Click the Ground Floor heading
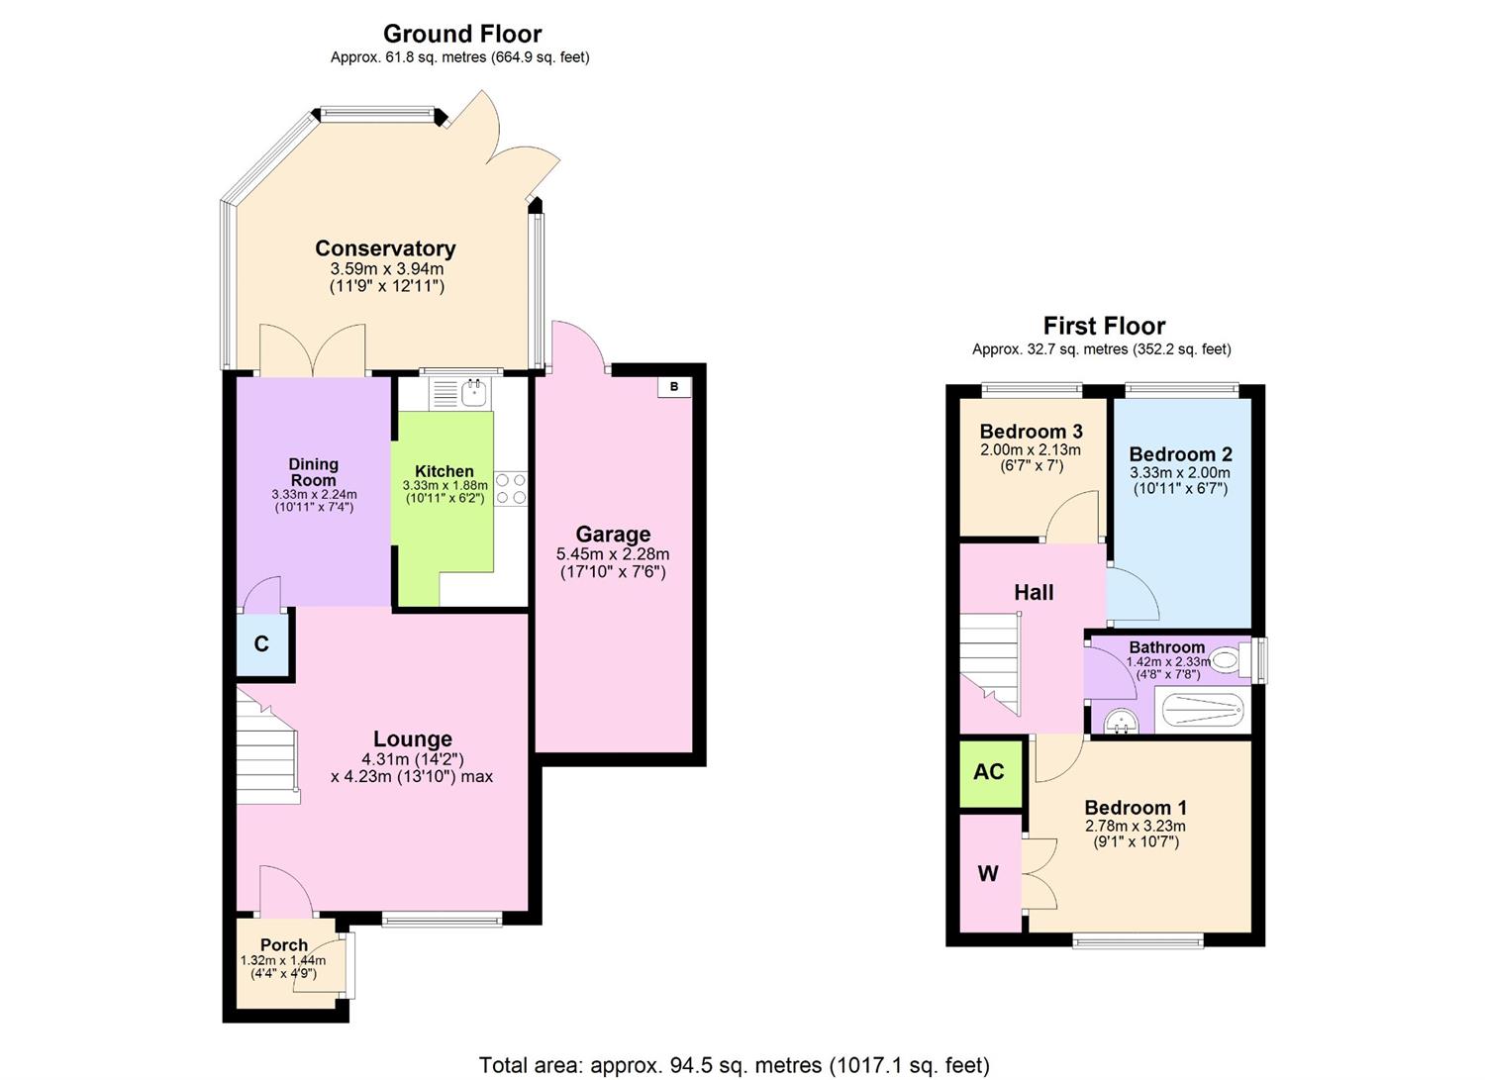pyautogui.click(x=462, y=34)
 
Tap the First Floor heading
pyautogui.click(x=1104, y=326)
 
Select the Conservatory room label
pyautogui.click(x=385, y=248)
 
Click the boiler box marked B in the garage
pyautogui.click(x=674, y=387)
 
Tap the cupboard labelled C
pyautogui.click(x=261, y=644)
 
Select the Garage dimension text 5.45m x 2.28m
pyautogui.click(x=613, y=554)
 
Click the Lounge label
pyautogui.click(x=413, y=738)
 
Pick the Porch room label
pyautogui.click(x=284, y=944)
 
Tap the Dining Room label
pyautogui.click(x=313, y=472)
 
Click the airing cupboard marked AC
pyautogui.click(x=989, y=772)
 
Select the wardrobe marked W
pyautogui.click(x=988, y=873)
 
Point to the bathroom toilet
pyautogui.click(x=1227, y=658)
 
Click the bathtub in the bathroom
pyautogui.click(x=1201, y=710)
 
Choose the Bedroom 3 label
pyautogui.click(x=1031, y=432)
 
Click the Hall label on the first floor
pyautogui.click(x=1034, y=593)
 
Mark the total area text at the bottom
pyautogui.click(x=734, y=1065)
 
